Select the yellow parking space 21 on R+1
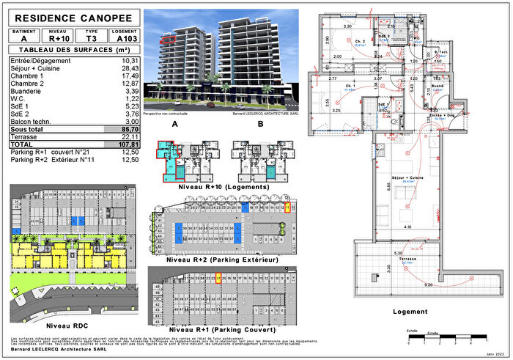click(x=219, y=279)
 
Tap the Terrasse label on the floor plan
click(x=408, y=259)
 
